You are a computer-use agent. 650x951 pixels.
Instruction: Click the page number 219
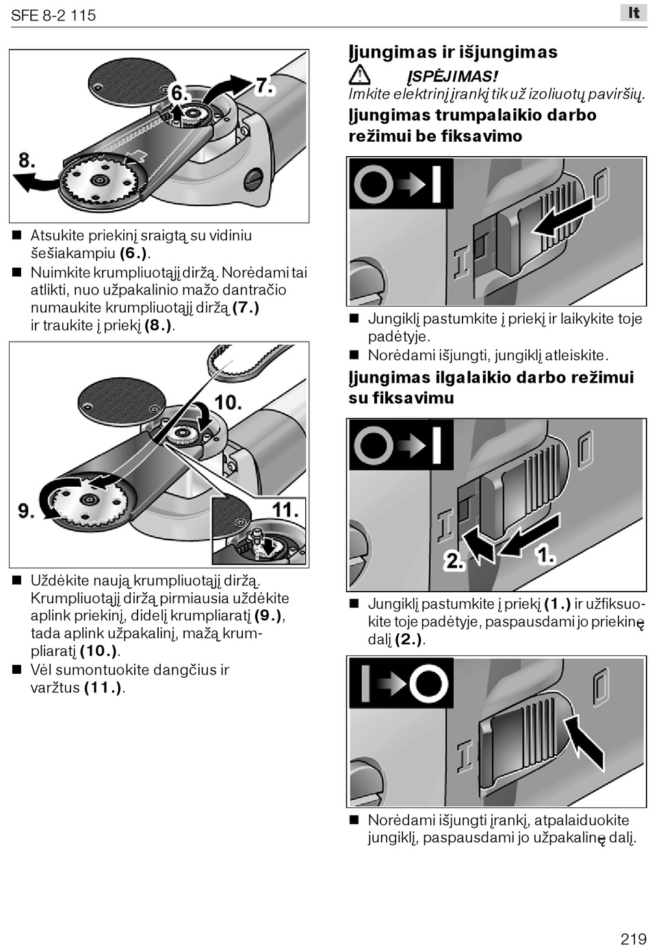[634, 938]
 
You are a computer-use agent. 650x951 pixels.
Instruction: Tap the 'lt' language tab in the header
[634, 13]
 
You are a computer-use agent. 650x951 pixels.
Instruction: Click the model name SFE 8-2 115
[53, 15]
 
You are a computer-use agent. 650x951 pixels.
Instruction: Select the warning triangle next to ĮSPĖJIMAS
[359, 75]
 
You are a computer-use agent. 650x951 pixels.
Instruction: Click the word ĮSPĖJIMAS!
[452, 77]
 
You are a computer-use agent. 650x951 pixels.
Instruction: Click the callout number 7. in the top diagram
[265, 86]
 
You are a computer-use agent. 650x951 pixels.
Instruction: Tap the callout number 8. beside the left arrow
[27, 160]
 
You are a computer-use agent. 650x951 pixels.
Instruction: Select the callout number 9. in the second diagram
[26, 510]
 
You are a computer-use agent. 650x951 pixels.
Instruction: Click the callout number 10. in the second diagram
[229, 403]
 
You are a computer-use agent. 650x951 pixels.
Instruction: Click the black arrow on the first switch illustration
[563, 216]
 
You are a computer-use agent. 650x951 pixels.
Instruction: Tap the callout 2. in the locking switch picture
[454, 561]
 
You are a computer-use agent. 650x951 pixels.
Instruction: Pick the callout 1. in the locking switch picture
[546, 555]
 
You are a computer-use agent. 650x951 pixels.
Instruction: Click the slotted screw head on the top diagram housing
[254, 179]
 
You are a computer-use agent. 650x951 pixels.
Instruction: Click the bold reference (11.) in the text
[103, 687]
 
